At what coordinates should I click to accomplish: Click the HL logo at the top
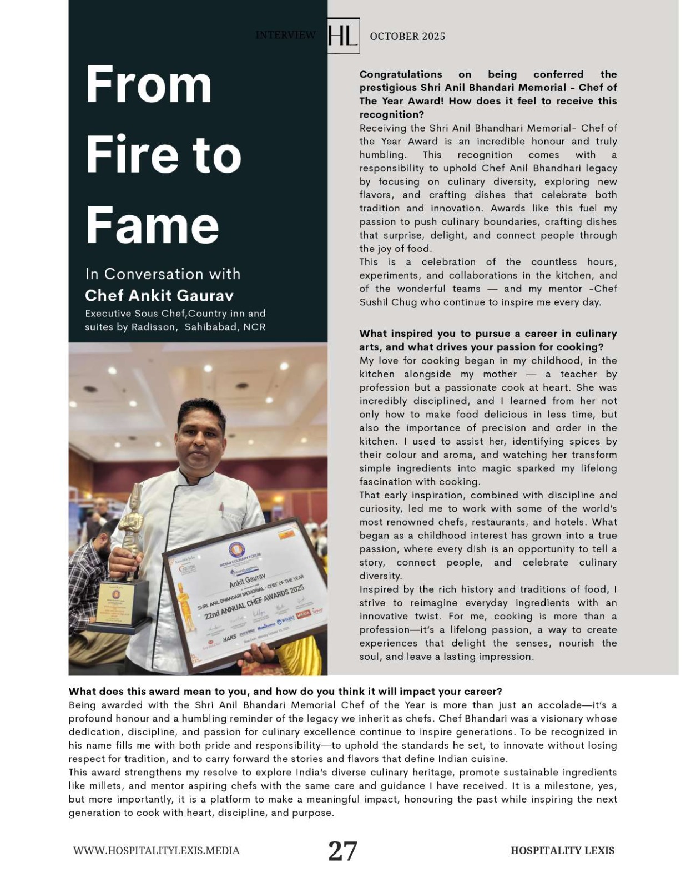click(x=342, y=36)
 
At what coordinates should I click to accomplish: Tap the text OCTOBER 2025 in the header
click(x=407, y=36)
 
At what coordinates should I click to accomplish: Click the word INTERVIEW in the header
click(x=285, y=35)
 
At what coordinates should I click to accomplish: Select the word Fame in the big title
click(x=152, y=225)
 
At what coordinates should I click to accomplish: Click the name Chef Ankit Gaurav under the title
click(x=159, y=295)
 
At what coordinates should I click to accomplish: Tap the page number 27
click(x=342, y=850)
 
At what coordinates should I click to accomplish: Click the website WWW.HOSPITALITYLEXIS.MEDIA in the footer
click(x=157, y=850)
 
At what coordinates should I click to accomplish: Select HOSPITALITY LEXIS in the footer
click(x=562, y=850)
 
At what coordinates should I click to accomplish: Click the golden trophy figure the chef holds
click(x=131, y=527)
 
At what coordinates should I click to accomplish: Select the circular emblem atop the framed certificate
click(x=237, y=550)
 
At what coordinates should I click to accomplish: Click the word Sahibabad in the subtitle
click(x=210, y=327)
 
